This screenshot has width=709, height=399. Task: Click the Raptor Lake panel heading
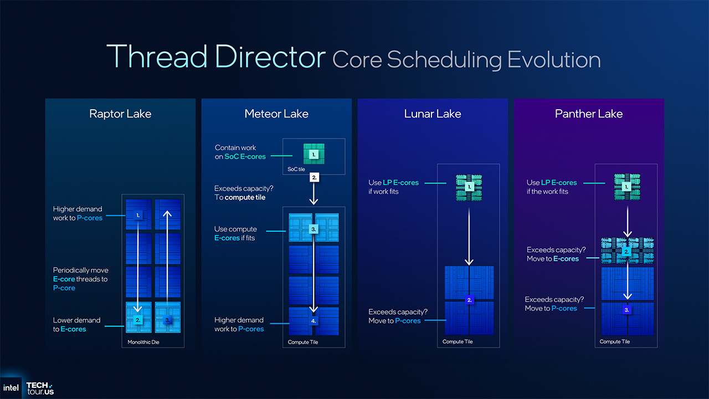[120, 114]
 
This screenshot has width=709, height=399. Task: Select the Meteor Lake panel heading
[276, 114]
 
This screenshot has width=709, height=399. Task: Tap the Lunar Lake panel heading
[433, 114]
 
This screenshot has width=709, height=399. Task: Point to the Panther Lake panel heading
[589, 114]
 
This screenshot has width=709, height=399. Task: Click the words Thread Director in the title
[215, 57]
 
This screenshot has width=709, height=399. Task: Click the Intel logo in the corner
[11, 387]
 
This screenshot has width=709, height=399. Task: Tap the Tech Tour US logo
[40, 388]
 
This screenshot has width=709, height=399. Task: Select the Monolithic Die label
[142, 342]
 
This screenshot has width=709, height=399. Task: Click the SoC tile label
[296, 168]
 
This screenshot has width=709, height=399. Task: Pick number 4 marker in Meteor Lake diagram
[314, 320]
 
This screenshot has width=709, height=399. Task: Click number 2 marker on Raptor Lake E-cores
[139, 320]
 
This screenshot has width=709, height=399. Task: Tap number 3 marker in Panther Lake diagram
[627, 310]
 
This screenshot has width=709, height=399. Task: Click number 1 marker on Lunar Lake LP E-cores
[470, 187]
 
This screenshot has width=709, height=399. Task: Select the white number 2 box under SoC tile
[314, 178]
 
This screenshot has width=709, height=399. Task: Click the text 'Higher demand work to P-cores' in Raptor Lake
[78, 213]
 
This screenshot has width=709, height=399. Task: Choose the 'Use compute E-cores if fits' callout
[235, 233]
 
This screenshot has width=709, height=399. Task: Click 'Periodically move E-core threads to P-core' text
[80, 279]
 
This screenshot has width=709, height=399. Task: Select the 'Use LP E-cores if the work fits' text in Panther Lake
[552, 187]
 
